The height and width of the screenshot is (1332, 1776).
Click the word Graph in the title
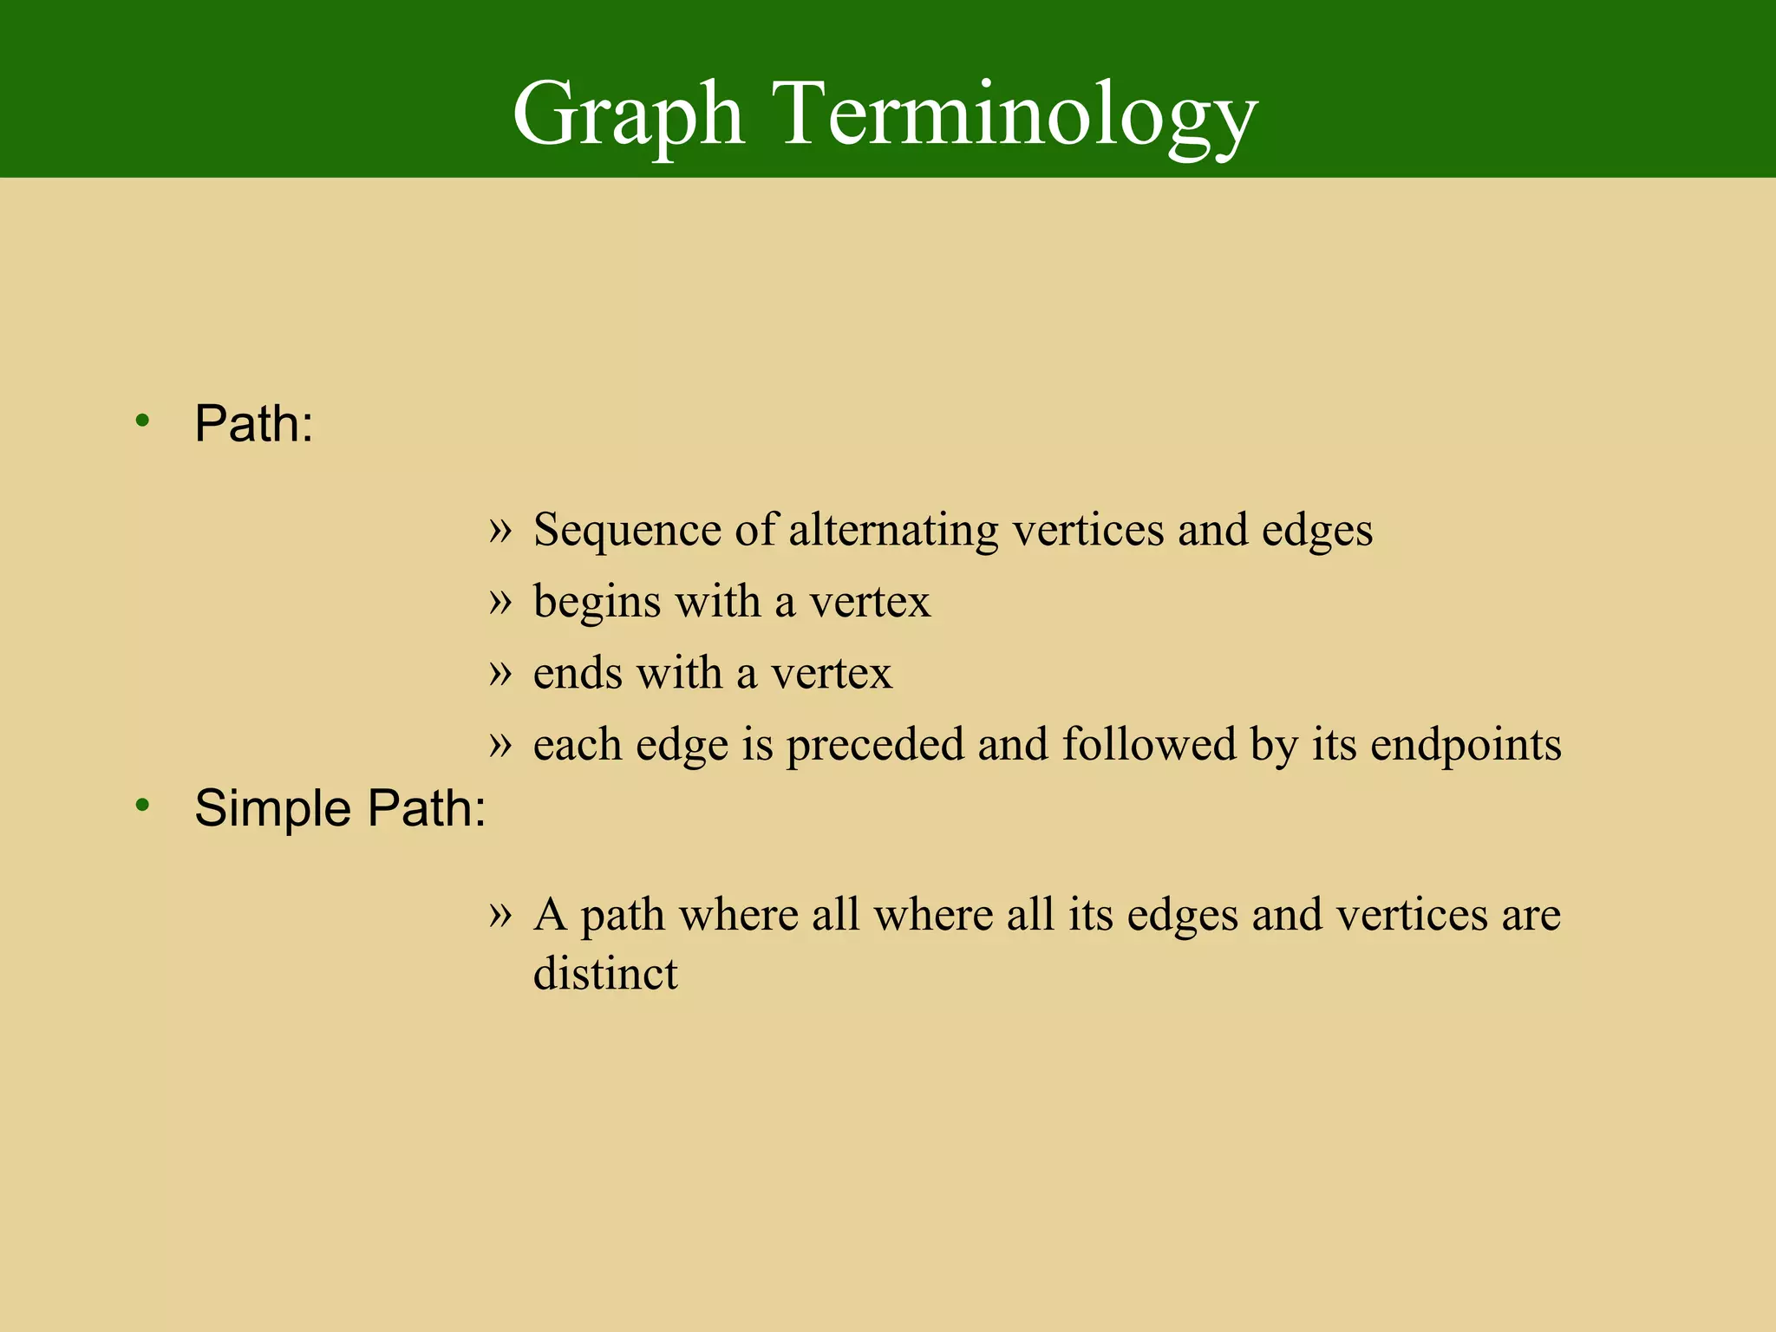(x=628, y=115)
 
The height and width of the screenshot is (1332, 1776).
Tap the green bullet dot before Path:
(x=142, y=422)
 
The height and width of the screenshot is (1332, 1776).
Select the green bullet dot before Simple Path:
(x=142, y=806)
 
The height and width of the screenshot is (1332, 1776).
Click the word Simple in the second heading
(x=272, y=808)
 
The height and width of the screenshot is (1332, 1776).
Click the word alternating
(x=893, y=530)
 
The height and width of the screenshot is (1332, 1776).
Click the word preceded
(x=875, y=744)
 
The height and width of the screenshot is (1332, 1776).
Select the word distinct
(x=605, y=973)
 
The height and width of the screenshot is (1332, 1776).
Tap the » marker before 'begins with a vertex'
(x=500, y=600)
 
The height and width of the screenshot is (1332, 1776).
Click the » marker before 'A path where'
(x=500, y=912)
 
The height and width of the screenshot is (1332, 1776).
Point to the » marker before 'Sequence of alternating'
(x=500, y=528)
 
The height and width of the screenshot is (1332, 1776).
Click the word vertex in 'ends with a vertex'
(x=831, y=673)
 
